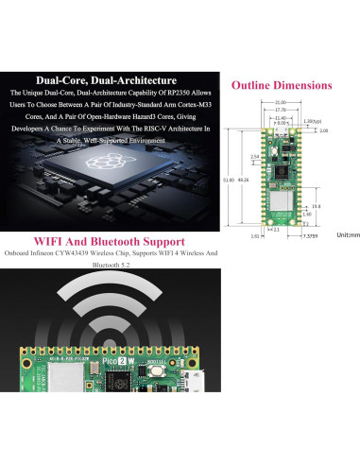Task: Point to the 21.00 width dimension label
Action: coord(281,101)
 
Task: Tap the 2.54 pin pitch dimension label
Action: coord(255,157)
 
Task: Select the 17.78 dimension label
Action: coord(281,110)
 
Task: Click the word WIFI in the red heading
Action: coord(52,240)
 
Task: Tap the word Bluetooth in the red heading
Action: coord(122,240)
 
